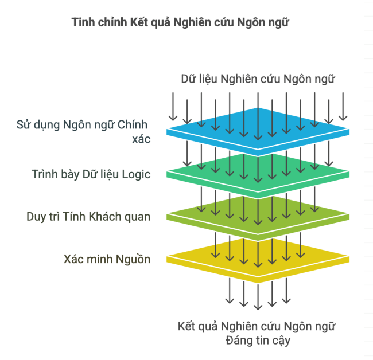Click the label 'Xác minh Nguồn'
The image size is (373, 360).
click(107, 260)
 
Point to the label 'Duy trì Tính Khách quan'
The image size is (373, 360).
click(88, 217)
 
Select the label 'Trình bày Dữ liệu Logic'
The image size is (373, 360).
click(91, 174)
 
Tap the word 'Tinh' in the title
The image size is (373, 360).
click(81, 24)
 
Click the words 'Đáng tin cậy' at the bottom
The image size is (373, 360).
click(258, 341)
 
